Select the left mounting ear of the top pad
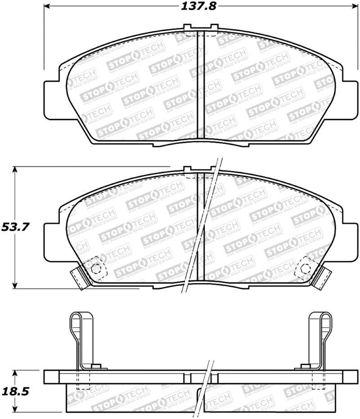pyautogui.click(x=52, y=96)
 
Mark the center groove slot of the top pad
pyautogui.click(x=201, y=85)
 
